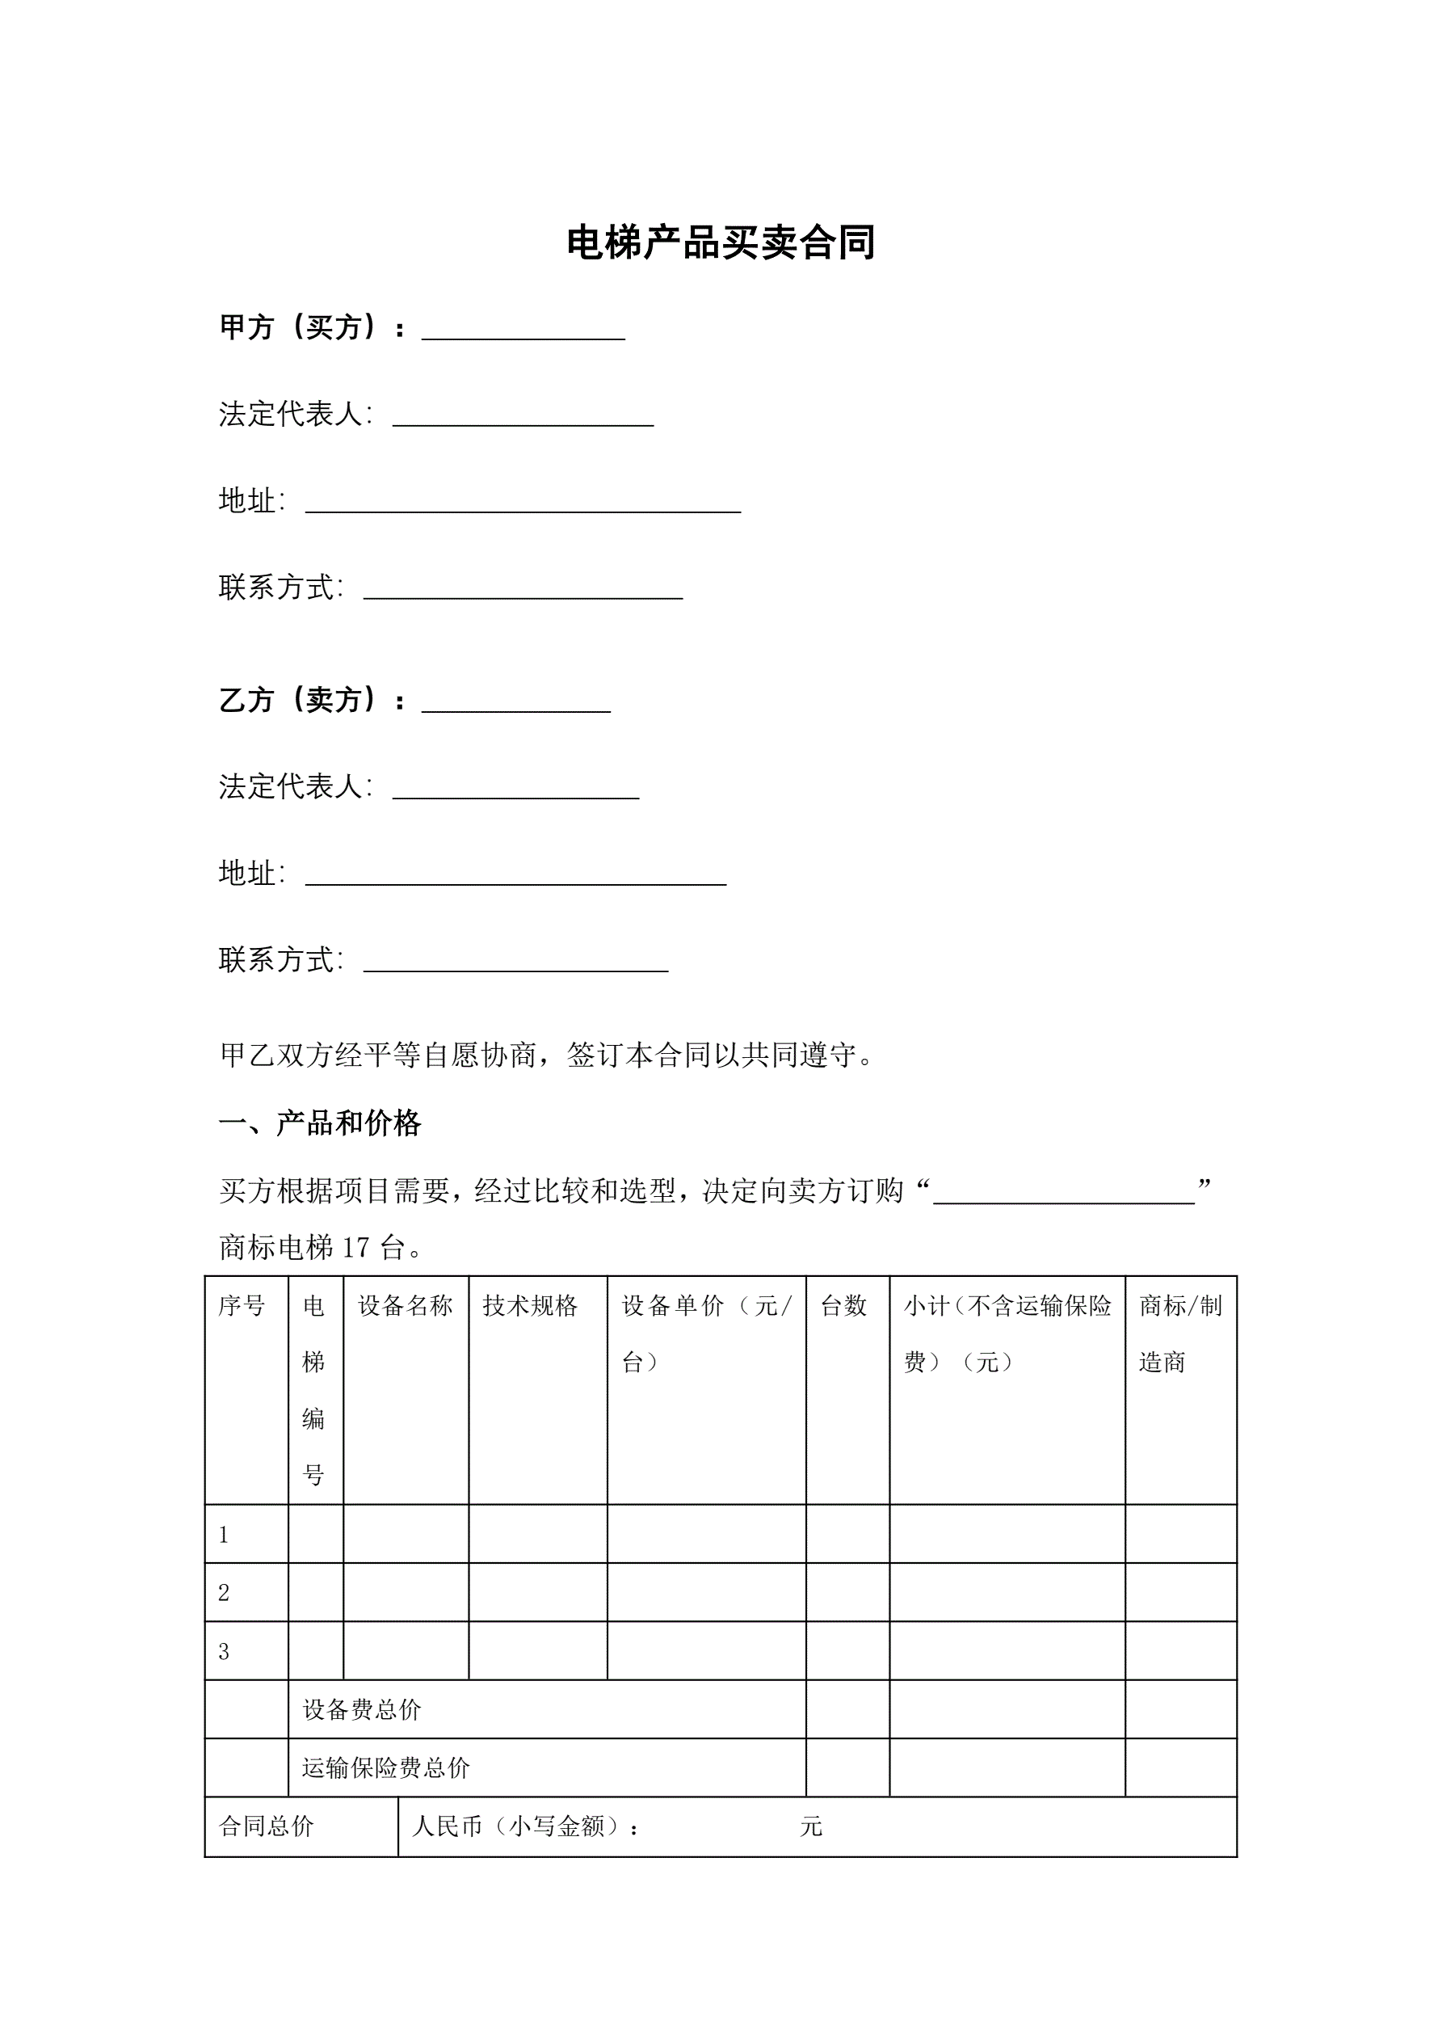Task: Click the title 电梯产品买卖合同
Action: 720,242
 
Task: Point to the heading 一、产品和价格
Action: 320,1123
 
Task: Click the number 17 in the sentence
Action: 355,1248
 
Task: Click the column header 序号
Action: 242,1305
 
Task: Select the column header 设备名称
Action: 405,1305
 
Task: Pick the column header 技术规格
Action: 530,1305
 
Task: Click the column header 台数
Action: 843,1305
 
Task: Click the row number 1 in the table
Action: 224,1535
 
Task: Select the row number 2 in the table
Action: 224,1593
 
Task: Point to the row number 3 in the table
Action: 224,1652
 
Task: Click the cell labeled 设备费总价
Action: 361,1709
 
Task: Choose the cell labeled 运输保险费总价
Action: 385,1768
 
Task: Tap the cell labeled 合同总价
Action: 267,1826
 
